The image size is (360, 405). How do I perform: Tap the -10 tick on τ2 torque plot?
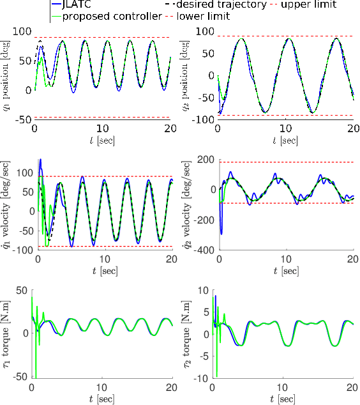point(205,379)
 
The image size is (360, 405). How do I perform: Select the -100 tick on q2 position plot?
point(203,119)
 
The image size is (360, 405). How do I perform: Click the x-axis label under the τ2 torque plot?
point(285,399)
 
